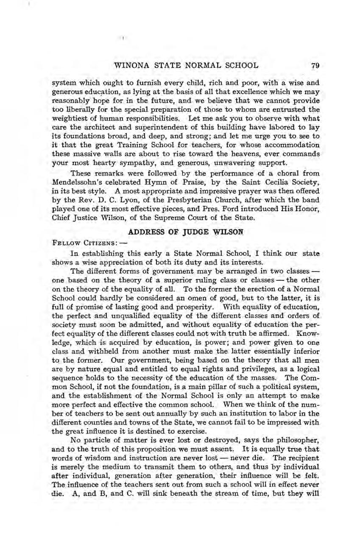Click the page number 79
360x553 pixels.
[314, 66]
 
